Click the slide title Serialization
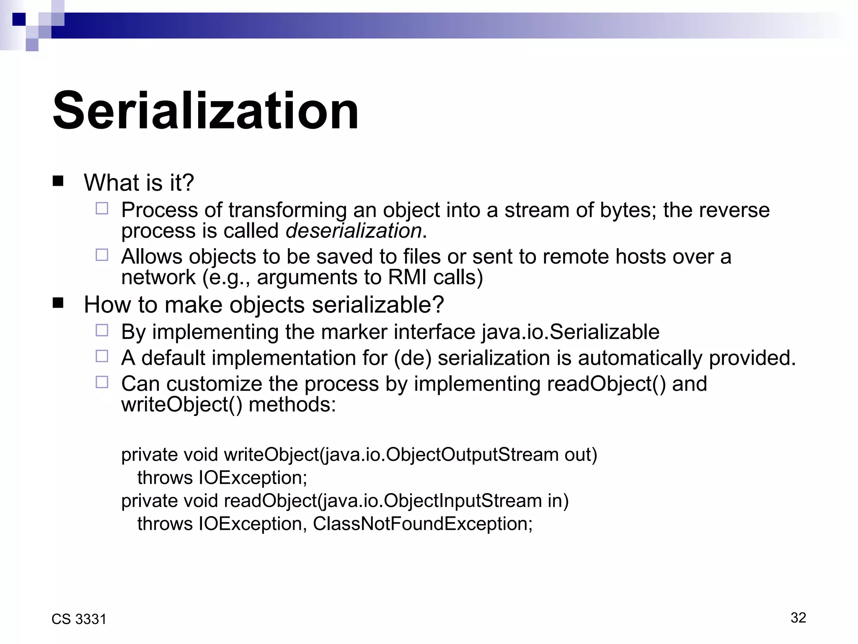pos(205,111)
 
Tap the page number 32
pos(798,618)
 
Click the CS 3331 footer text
pos(79,619)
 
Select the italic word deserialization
pos(354,231)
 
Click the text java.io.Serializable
pos(570,332)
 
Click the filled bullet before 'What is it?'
pos(58,181)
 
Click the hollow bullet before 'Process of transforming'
pos(102,208)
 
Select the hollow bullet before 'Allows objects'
pos(102,255)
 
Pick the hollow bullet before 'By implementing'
pos(102,330)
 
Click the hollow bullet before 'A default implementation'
pos(102,356)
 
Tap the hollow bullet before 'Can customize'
pos(102,382)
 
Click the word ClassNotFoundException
pos(422,524)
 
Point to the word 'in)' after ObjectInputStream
pos(558,501)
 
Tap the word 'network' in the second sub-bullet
pos(158,278)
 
